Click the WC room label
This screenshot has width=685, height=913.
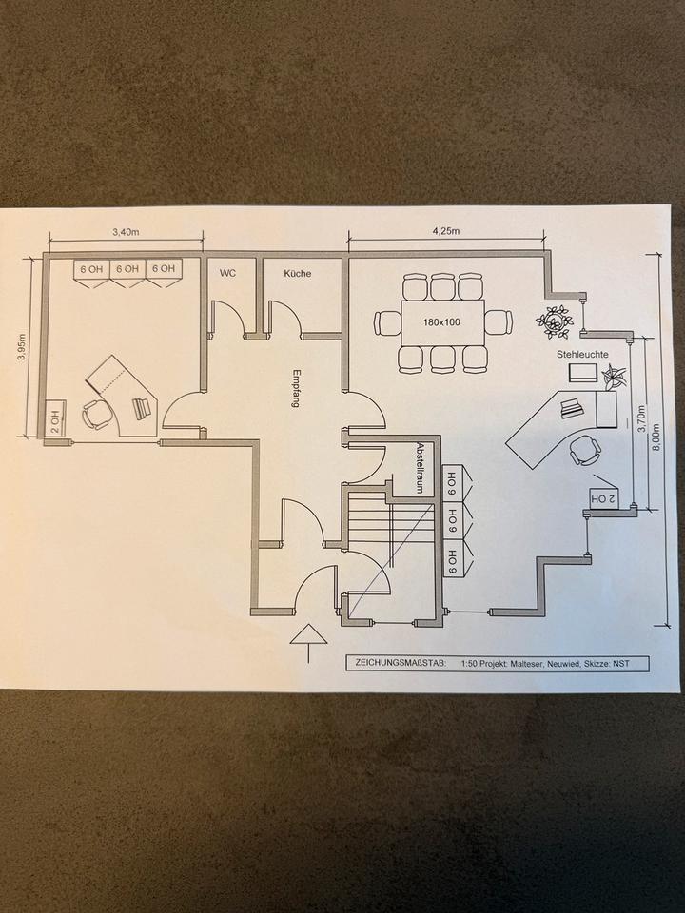(x=227, y=273)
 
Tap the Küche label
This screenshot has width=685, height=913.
(x=298, y=273)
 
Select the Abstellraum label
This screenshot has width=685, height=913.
(x=419, y=467)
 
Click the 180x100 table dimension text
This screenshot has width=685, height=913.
(x=441, y=321)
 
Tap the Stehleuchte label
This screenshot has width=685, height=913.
(x=582, y=354)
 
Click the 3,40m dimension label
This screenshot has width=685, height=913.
(x=127, y=231)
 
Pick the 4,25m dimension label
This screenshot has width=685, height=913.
(x=445, y=231)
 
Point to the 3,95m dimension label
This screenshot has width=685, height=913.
(x=22, y=346)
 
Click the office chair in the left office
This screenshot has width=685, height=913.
(x=97, y=414)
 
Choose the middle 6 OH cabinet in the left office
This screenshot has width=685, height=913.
(x=127, y=269)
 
